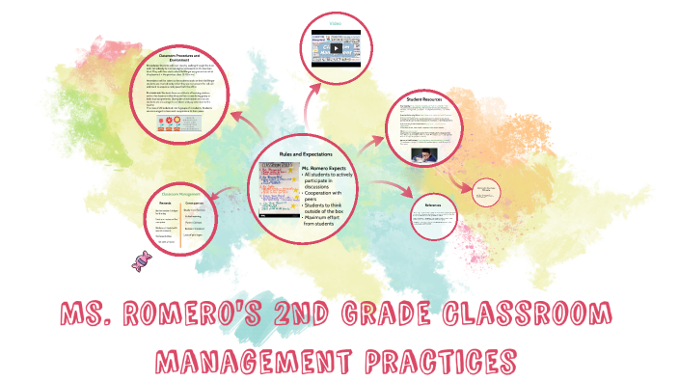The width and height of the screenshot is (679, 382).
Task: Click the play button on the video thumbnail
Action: click(x=337, y=48)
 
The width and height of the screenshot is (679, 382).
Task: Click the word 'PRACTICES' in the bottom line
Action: click(x=433, y=363)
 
